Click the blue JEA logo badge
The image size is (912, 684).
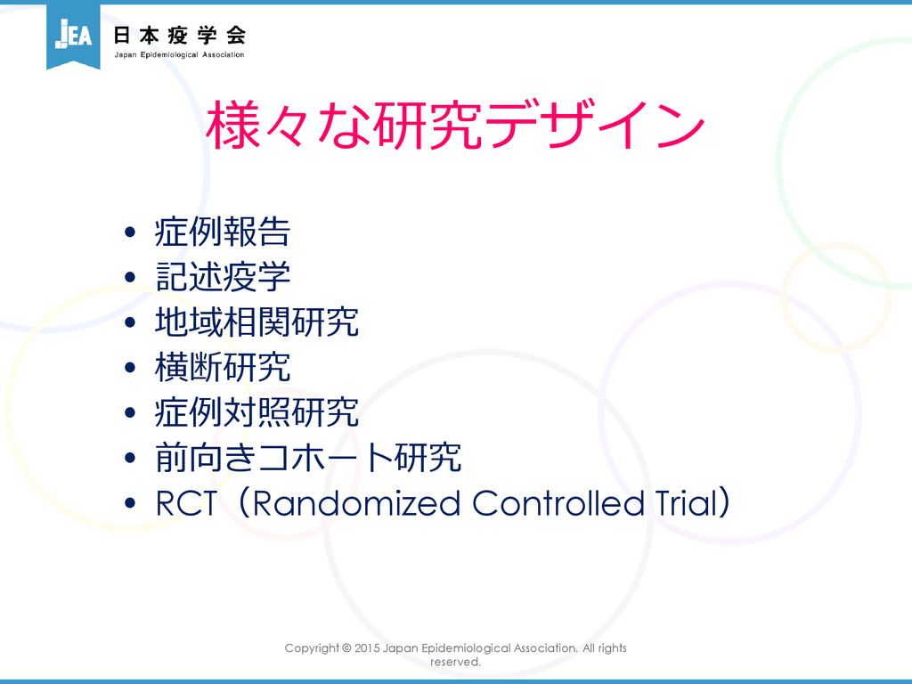[x=73, y=35]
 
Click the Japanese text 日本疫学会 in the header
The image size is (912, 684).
[x=180, y=36]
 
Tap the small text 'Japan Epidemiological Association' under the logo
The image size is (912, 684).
[x=179, y=54]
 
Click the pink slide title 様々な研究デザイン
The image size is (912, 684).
[x=455, y=125]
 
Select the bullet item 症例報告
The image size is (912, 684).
[x=222, y=232]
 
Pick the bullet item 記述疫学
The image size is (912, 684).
[x=222, y=276]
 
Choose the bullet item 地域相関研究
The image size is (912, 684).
[x=256, y=322]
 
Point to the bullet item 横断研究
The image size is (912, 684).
[x=222, y=367]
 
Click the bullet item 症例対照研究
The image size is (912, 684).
[x=256, y=412]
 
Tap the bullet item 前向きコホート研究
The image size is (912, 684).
[x=308, y=457]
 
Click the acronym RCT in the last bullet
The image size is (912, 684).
[x=186, y=503]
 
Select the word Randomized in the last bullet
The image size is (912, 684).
[x=356, y=503]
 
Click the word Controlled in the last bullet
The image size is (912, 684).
[x=558, y=503]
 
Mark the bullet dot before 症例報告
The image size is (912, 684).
[x=130, y=232]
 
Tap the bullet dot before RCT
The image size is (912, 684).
[x=130, y=503]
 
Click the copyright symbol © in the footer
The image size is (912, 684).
[x=346, y=648]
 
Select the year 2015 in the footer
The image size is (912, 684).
[x=367, y=648]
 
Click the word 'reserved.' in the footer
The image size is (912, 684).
[x=455, y=662]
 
